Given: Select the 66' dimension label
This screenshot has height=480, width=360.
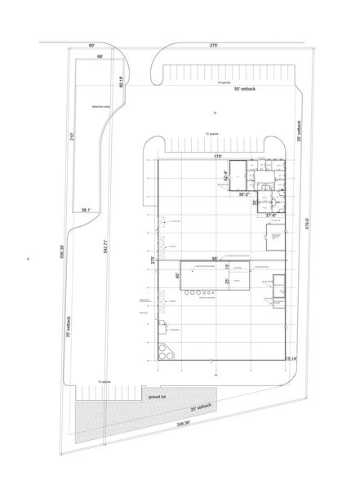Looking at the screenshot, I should (x=100, y=57).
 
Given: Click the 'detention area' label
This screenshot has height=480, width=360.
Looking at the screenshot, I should (x=100, y=107).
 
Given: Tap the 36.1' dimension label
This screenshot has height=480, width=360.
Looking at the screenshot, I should (x=85, y=210).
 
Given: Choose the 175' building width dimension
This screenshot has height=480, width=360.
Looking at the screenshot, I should (x=218, y=156).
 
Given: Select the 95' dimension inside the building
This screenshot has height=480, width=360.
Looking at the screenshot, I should (x=214, y=258).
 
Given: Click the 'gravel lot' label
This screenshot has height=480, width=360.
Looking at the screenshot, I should (x=158, y=397).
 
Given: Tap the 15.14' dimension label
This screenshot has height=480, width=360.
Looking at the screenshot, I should (x=291, y=358).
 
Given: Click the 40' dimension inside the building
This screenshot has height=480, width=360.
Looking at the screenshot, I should (x=178, y=276).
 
